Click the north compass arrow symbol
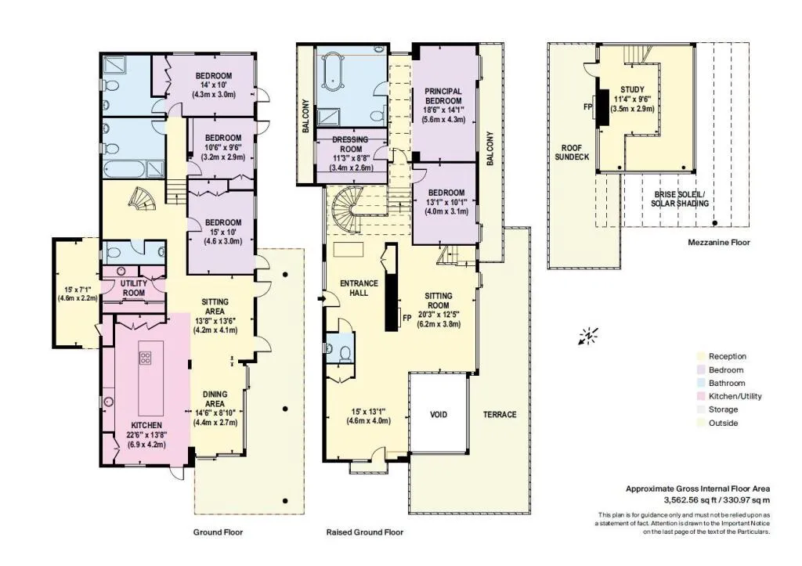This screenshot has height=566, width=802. click(x=588, y=337)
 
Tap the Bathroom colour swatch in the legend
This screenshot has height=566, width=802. click(x=700, y=383)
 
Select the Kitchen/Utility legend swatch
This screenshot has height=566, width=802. click(x=700, y=396)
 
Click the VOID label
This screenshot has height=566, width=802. click(x=439, y=414)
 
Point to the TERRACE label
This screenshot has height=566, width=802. click(x=500, y=414)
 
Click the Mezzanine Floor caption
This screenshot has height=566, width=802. click(x=719, y=243)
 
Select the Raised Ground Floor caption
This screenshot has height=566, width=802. click(x=365, y=532)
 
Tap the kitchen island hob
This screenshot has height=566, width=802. click(x=145, y=358)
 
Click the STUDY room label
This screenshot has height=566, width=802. click(x=632, y=89)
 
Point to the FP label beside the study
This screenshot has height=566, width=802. click(x=587, y=107)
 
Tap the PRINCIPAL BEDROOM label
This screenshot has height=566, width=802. click(x=443, y=96)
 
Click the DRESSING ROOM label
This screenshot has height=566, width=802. click(x=350, y=144)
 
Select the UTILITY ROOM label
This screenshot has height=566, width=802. click(x=133, y=288)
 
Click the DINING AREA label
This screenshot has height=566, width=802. click(x=215, y=398)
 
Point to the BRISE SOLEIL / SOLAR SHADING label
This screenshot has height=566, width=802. click(x=680, y=199)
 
